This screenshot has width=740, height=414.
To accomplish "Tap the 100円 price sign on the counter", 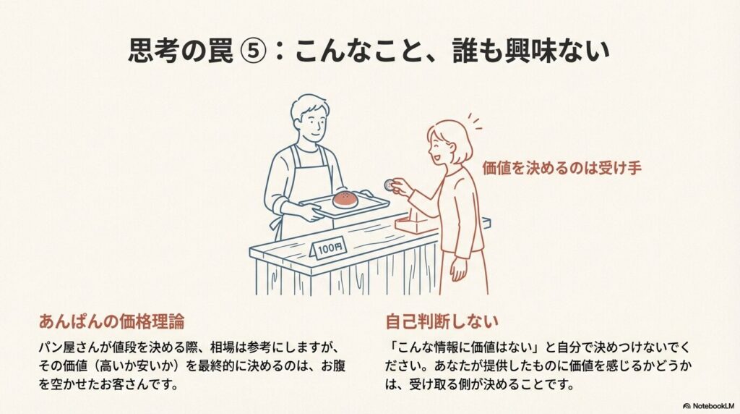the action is [329, 248].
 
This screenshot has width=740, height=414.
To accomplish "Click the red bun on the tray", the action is [346, 200].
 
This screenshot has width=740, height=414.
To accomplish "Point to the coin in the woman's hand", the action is [390, 185].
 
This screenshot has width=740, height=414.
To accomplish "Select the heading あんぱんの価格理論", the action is [112, 321].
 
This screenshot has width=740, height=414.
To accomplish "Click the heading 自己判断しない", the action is [442, 321].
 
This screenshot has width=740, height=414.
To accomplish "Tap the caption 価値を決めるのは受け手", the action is [562, 168].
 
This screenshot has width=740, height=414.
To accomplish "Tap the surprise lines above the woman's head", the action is [474, 122].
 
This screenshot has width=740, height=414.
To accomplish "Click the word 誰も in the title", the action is [465, 51].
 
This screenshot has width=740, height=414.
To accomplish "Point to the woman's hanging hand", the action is [457, 269].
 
